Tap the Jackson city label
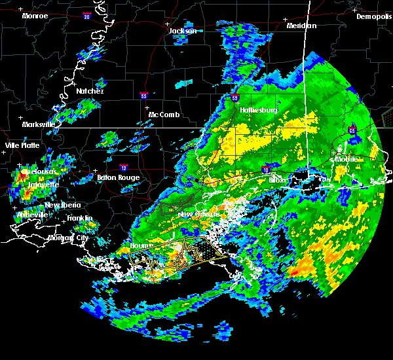pos(183,31)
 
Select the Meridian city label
pos(301,26)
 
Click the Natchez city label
pos(90,91)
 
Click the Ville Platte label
pos(22,145)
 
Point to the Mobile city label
pos(347,159)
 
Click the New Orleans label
pos(198,214)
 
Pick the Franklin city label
pos(79,218)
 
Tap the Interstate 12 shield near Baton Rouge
pos(123,168)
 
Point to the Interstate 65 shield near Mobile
pos(352,131)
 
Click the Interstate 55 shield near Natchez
pos(144,96)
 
